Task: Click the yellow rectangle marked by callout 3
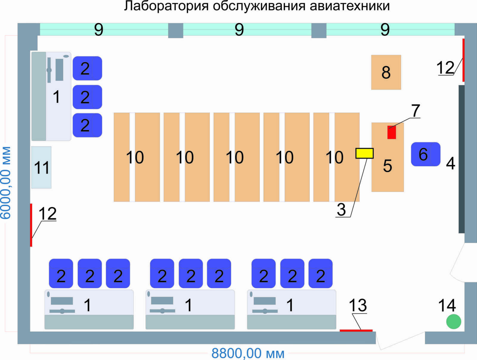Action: (364, 153)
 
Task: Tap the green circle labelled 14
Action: (453, 321)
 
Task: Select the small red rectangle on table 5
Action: (391, 132)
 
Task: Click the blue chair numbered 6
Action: (425, 154)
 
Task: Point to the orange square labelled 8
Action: (386, 72)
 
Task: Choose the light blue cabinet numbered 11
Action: (41, 167)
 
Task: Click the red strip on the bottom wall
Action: (356, 330)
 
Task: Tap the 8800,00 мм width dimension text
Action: (248, 353)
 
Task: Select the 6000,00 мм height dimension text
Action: (6, 183)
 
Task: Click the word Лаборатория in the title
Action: (166, 6)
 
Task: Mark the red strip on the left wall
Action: (31, 225)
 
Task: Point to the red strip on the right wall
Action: (463, 60)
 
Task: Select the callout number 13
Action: (358, 305)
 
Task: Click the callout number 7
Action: (416, 111)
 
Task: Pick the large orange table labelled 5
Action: (388, 157)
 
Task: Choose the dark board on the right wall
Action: (461, 159)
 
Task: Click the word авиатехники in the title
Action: (349, 6)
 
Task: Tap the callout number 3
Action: (341, 210)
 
